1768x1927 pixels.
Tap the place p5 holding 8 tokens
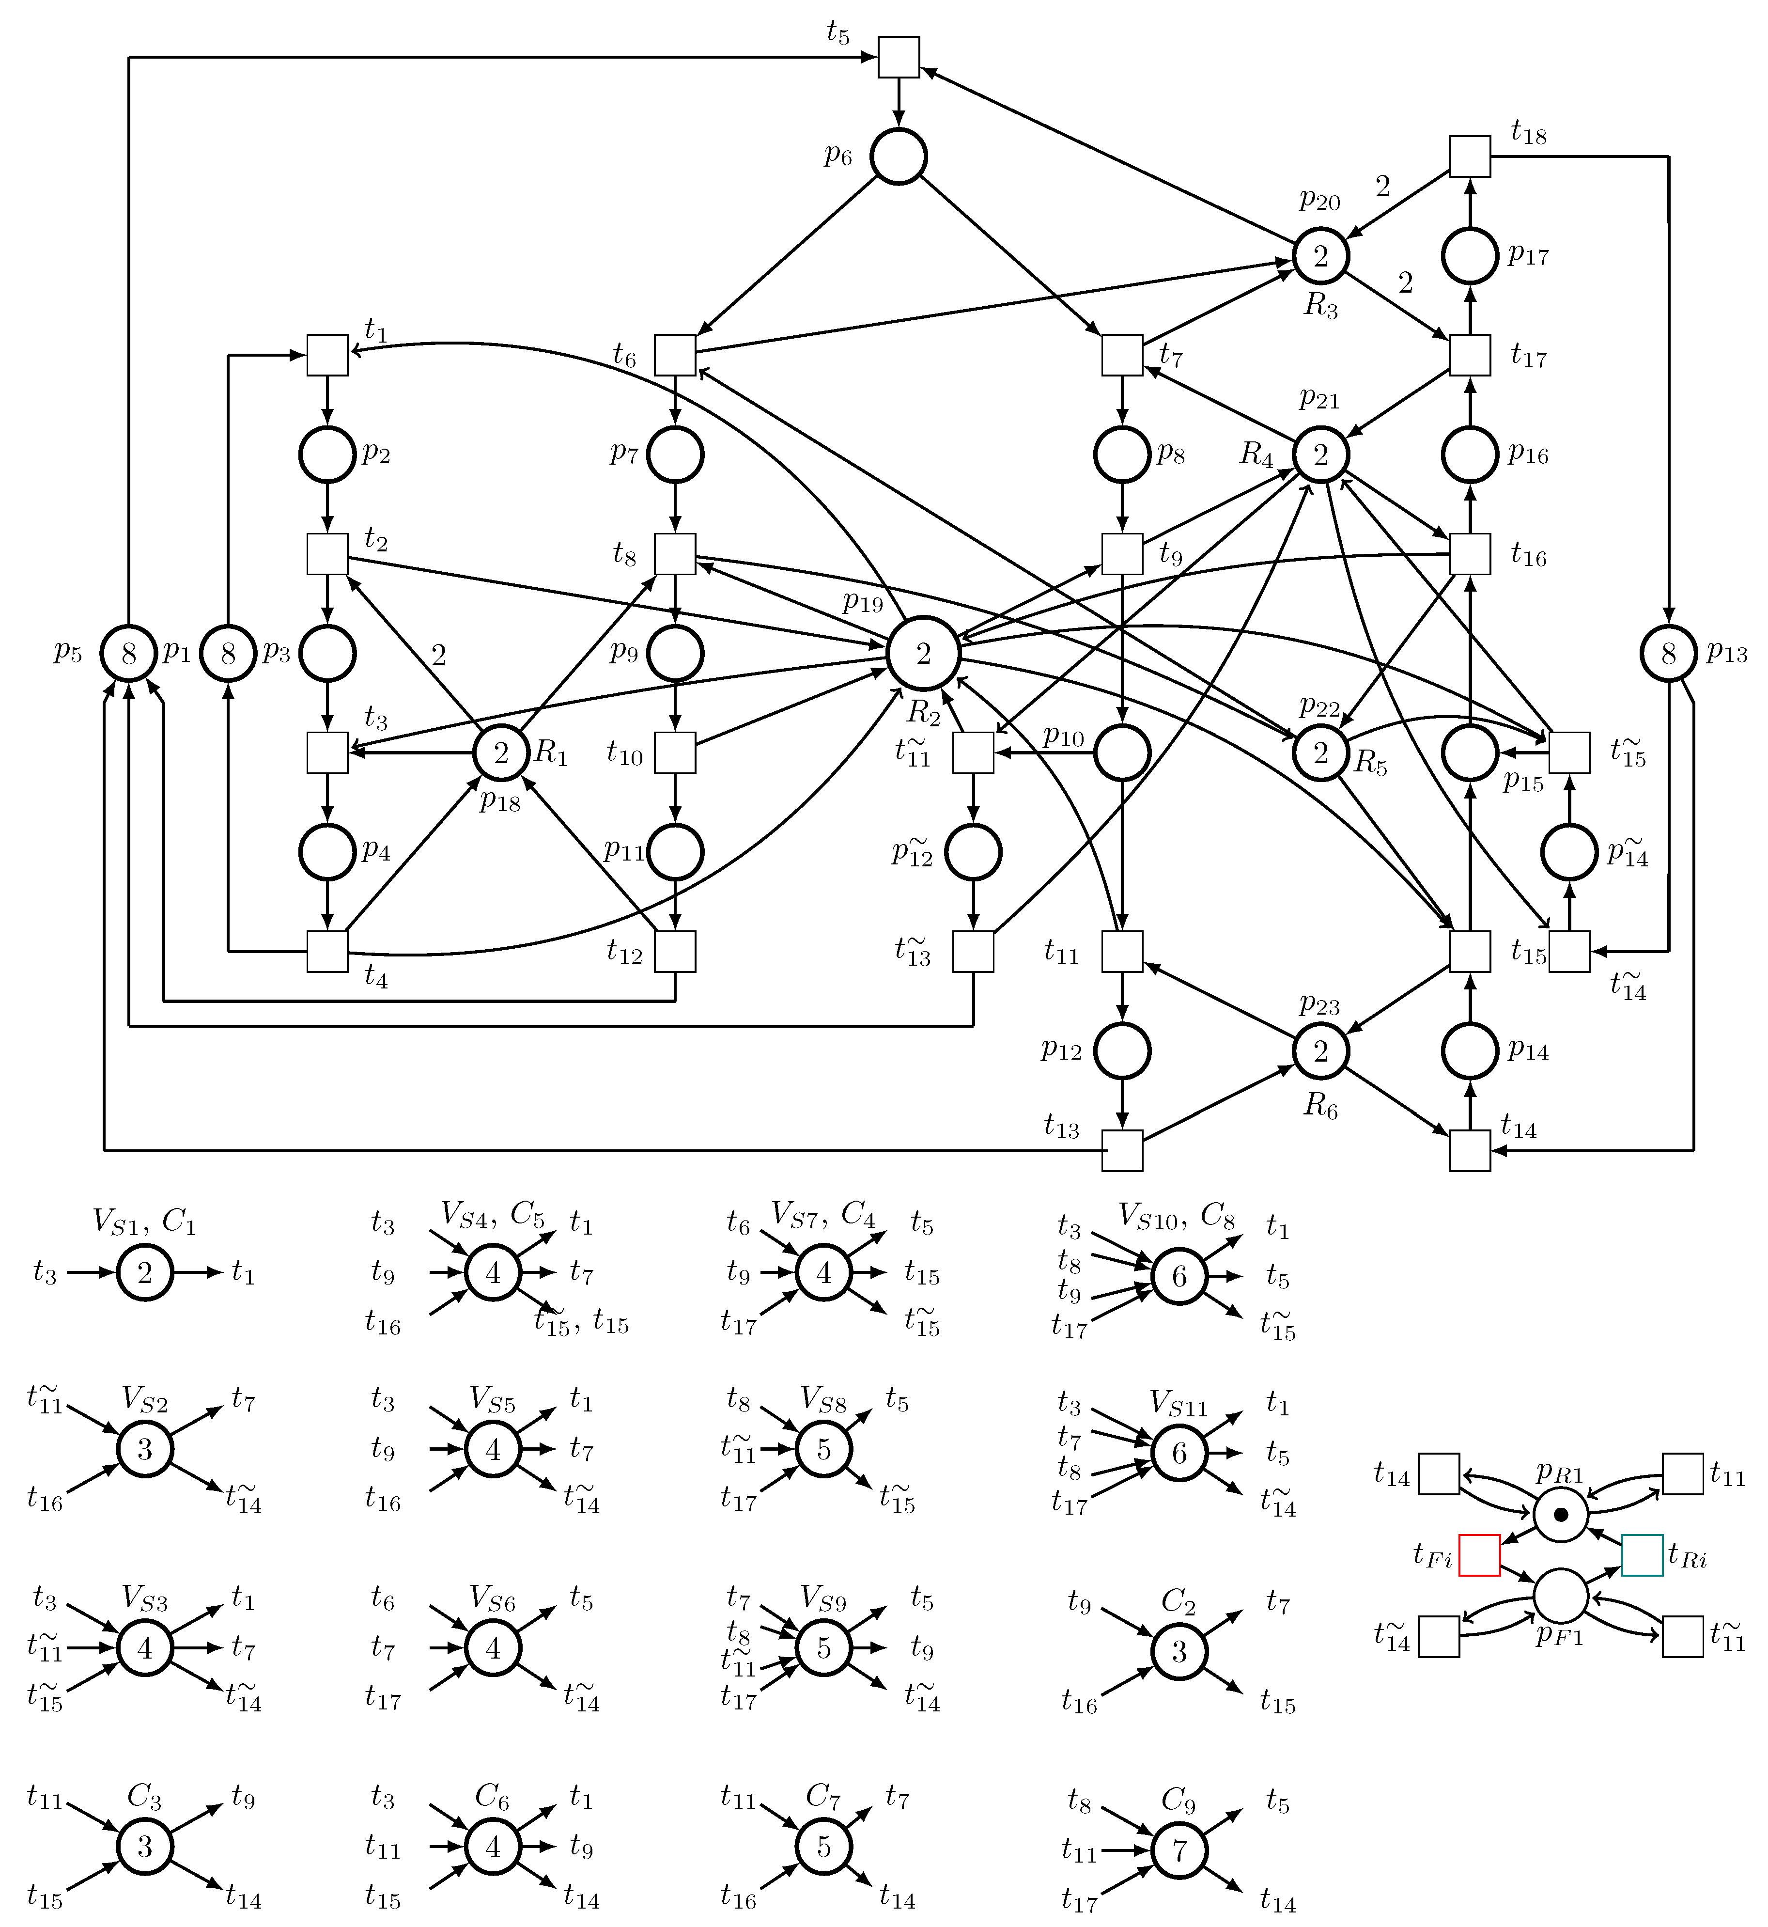(129, 654)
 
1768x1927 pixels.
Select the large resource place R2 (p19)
(923, 654)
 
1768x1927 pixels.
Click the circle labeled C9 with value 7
(1179, 1850)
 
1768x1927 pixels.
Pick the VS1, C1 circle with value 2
(145, 1272)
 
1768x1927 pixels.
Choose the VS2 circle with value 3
(145, 1450)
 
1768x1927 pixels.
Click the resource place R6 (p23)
(1321, 1050)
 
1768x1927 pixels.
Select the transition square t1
(327, 355)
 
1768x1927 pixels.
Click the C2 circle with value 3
(1179, 1651)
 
